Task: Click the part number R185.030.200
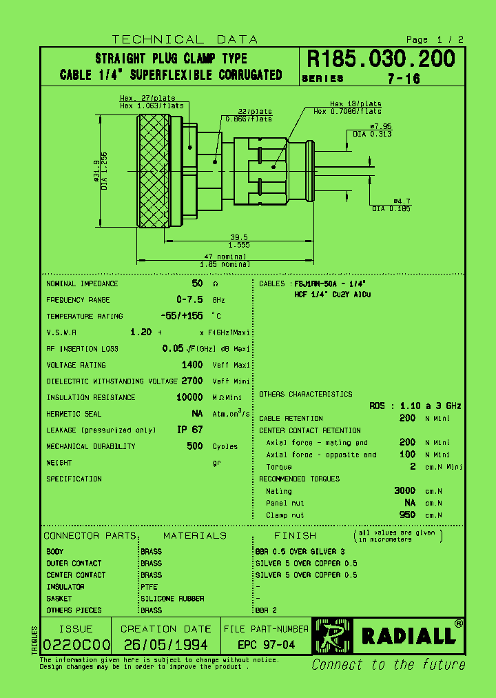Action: [x=380, y=59]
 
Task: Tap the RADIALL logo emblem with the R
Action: [x=332, y=635]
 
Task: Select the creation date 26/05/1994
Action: [x=165, y=645]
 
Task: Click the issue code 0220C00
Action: [x=76, y=645]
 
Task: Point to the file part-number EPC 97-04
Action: [x=266, y=645]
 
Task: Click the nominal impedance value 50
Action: [x=197, y=283]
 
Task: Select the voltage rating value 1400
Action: [x=192, y=365]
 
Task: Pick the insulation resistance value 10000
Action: [x=189, y=397]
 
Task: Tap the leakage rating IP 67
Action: [x=190, y=430]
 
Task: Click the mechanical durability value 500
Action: [x=194, y=446]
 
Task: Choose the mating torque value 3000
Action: [x=404, y=490]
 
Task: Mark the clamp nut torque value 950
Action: [x=407, y=515]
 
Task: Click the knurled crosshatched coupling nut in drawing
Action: [x=153, y=171]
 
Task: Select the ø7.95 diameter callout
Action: [x=380, y=126]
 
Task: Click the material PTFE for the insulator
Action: [x=149, y=587]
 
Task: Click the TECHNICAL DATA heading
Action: [x=185, y=39]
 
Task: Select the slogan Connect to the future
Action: [x=388, y=665]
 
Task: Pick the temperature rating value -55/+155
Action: [x=180, y=316]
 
